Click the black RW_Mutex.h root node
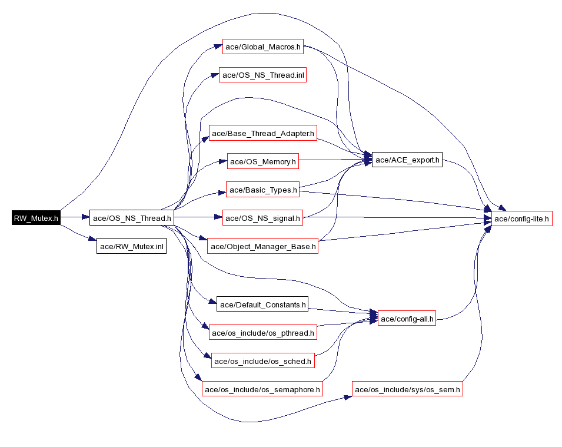coord(36,218)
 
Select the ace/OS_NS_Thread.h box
coord(132,218)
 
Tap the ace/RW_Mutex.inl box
coord(132,246)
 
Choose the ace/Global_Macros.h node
coord(262,47)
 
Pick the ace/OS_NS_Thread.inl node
coord(262,75)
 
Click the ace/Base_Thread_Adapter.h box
coord(262,133)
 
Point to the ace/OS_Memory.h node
coord(262,161)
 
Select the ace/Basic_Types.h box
coord(262,190)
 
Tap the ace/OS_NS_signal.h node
coord(262,218)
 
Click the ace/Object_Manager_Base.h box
coord(262,246)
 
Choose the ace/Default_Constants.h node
coord(262,304)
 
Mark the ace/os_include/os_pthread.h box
coord(262,333)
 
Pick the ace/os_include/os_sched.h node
coord(262,360)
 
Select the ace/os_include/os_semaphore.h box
coord(262,389)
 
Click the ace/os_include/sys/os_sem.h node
coord(407,389)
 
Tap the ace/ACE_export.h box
coord(407,160)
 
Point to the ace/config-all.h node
coord(407,318)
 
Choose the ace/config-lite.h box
coord(521,218)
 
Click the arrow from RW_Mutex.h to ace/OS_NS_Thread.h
coord(75,217)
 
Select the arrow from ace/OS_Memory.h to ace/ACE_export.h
coord(335,160)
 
